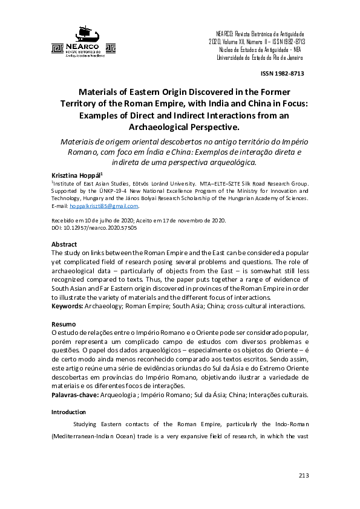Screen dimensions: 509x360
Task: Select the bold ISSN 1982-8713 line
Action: click(x=282, y=74)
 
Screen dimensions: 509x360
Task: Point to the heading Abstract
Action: click(x=64, y=244)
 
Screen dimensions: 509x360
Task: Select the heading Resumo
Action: click(x=64, y=324)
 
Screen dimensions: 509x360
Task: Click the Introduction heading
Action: click(x=69, y=412)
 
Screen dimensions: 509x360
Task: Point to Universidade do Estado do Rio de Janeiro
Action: click(x=260, y=58)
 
